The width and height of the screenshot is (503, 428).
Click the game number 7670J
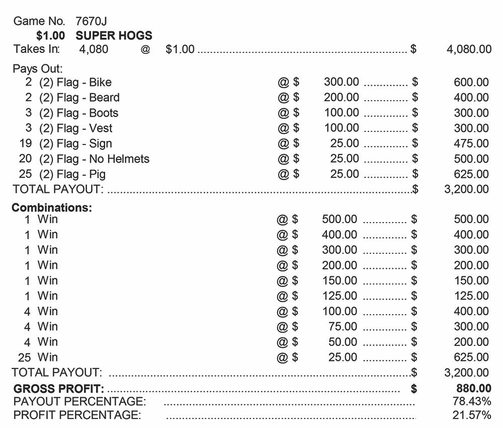(91, 21)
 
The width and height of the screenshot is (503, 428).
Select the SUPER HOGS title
(114, 36)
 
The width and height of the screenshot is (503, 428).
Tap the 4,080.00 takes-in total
(469, 49)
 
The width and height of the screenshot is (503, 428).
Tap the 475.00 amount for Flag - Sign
(471, 144)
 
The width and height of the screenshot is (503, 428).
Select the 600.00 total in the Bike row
(471, 83)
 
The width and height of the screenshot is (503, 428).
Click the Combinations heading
(52, 207)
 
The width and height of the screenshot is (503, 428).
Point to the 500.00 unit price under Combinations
(340, 219)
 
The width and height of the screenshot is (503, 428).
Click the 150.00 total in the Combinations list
(471, 280)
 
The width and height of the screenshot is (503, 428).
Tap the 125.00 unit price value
(340, 296)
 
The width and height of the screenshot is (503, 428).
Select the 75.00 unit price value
(343, 326)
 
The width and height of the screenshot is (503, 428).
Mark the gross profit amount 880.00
(471, 388)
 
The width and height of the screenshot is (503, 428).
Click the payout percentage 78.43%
(472, 401)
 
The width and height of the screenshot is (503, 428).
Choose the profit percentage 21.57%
(472, 415)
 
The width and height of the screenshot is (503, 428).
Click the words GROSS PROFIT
(59, 389)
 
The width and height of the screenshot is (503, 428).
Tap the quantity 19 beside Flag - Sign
(26, 144)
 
